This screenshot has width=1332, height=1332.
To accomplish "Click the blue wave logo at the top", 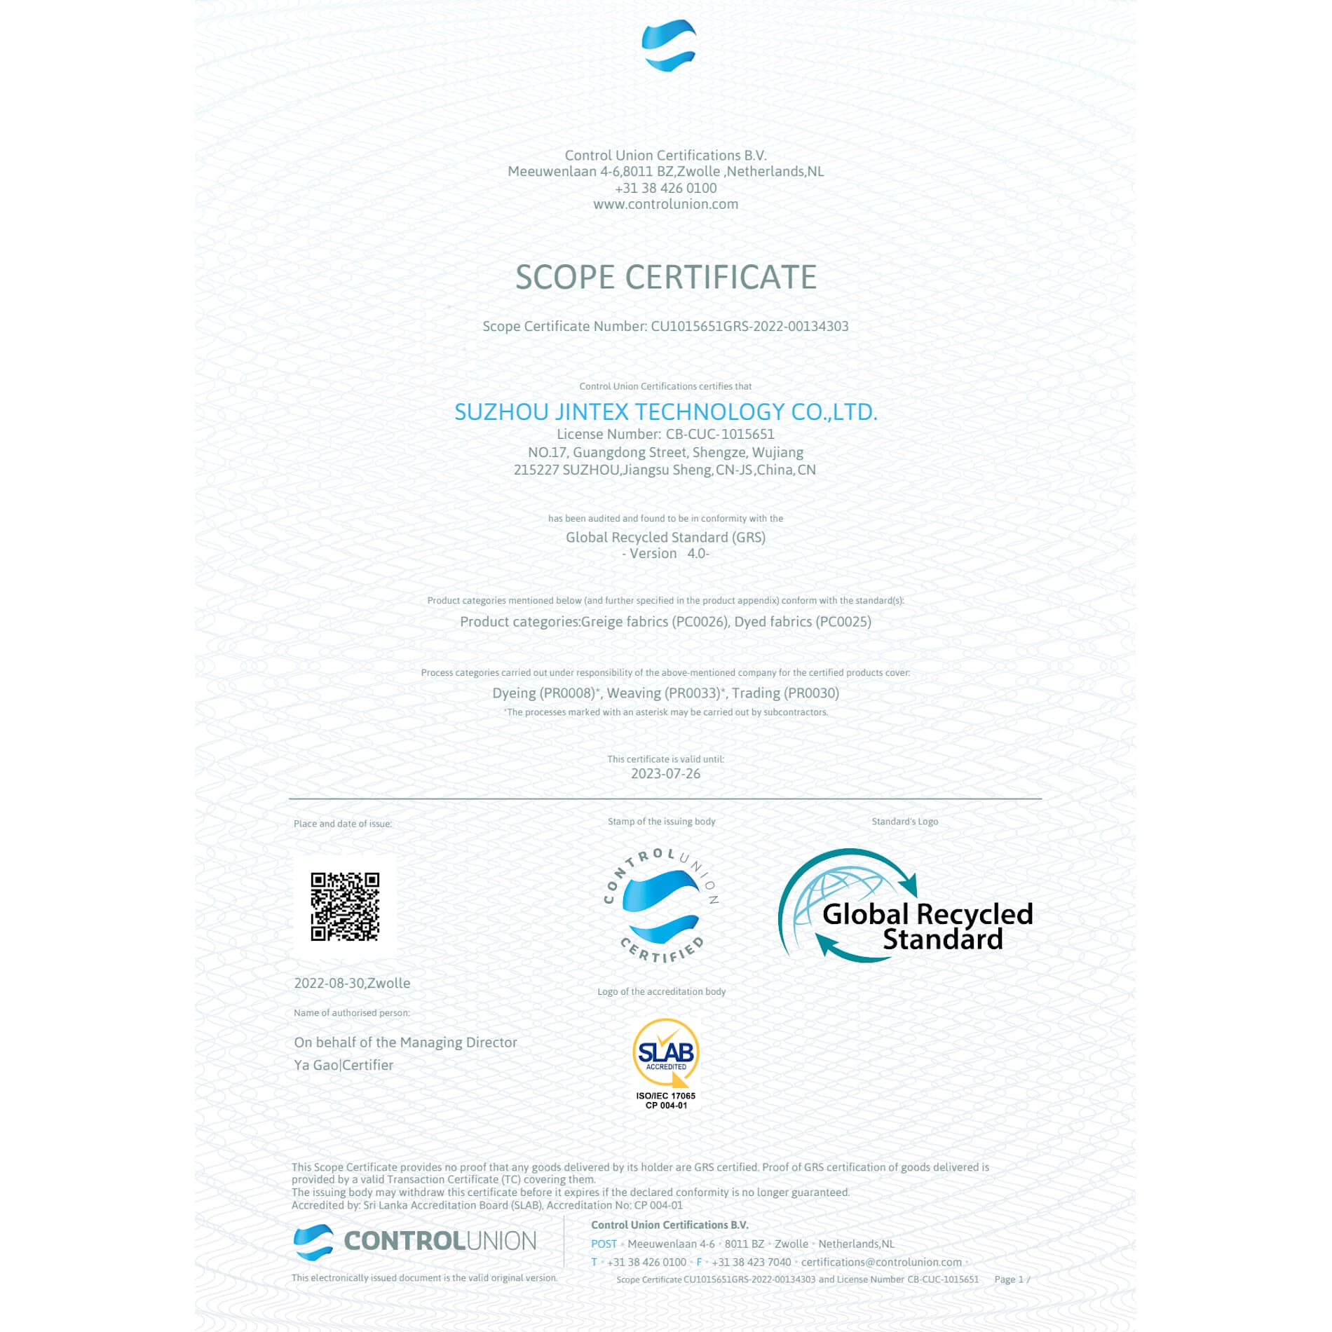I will [668, 46].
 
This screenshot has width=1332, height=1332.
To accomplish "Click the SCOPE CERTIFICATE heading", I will [665, 277].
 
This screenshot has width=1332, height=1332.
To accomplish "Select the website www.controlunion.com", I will [665, 204].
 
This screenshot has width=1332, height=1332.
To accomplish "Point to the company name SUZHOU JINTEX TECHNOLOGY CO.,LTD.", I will [665, 412].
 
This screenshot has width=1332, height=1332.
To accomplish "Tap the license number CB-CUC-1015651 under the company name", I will [719, 434].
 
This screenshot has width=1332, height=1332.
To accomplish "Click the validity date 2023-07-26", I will [665, 773].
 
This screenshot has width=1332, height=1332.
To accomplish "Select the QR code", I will [345, 906].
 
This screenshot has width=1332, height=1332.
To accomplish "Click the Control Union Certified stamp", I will [661, 905].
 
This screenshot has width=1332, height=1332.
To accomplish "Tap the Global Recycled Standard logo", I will [904, 906].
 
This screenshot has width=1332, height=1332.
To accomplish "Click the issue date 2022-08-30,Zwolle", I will [352, 983].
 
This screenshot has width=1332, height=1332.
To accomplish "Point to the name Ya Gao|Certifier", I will [344, 1065].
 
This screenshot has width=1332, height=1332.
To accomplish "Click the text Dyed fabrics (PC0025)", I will [802, 621].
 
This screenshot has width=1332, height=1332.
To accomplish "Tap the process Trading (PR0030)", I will [785, 693].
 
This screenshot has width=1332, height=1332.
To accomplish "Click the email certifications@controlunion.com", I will [881, 1262].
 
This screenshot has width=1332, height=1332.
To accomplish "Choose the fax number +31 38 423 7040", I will [751, 1262].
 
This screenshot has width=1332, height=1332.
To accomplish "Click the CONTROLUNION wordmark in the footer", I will [440, 1241].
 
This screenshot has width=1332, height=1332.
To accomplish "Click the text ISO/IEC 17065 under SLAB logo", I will [665, 1096].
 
